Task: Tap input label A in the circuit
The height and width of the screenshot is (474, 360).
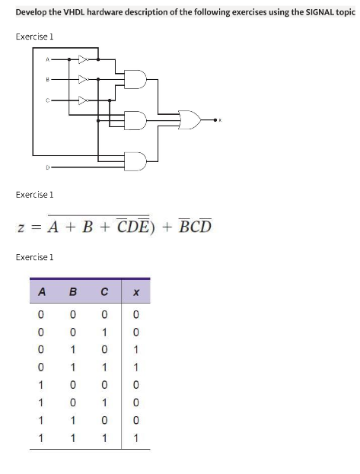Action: pyautogui.click(x=46, y=58)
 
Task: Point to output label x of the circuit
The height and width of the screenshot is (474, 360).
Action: pyautogui.click(x=219, y=119)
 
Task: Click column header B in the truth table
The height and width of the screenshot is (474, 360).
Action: pyautogui.click(x=73, y=291)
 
